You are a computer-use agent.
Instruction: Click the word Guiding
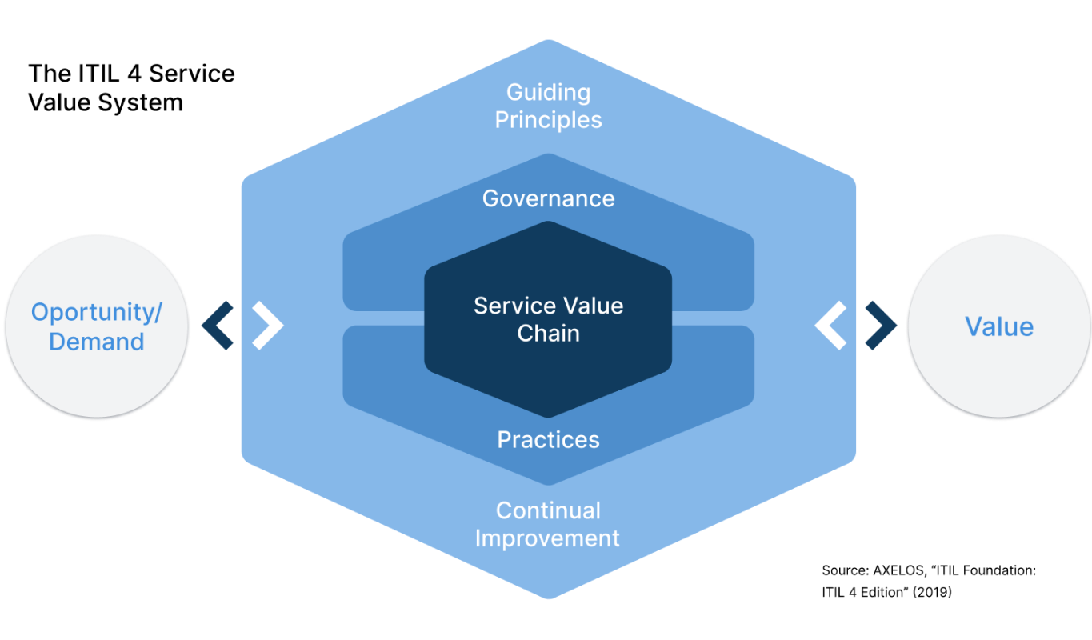pyautogui.click(x=548, y=93)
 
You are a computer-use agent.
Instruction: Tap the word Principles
pyautogui.click(x=548, y=120)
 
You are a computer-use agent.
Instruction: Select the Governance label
pyautogui.click(x=548, y=198)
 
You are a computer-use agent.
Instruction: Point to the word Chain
pyautogui.click(x=548, y=333)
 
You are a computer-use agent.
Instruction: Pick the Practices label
pyautogui.click(x=548, y=439)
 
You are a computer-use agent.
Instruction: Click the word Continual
pyautogui.click(x=548, y=510)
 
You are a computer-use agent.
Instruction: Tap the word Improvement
pyautogui.click(x=547, y=538)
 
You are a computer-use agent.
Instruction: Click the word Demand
pyautogui.click(x=97, y=342)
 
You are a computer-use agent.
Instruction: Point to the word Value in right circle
pyautogui.click(x=998, y=326)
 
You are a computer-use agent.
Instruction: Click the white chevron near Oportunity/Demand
pyautogui.click(x=269, y=326)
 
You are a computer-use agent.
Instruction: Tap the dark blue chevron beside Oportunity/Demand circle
pyautogui.click(x=217, y=326)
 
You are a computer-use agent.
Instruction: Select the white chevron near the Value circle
pyautogui.click(x=830, y=326)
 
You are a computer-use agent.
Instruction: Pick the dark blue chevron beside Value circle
pyautogui.click(x=882, y=326)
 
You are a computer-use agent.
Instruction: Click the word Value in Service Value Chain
pyautogui.click(x=593, y=306)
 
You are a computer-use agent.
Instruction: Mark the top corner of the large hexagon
pyautogui.click(x=548, y=40)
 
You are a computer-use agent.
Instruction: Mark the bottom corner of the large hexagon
pyautogui.click(x=548, y=598)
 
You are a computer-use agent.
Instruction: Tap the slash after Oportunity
pyautogui.click(x=158, y=312)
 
